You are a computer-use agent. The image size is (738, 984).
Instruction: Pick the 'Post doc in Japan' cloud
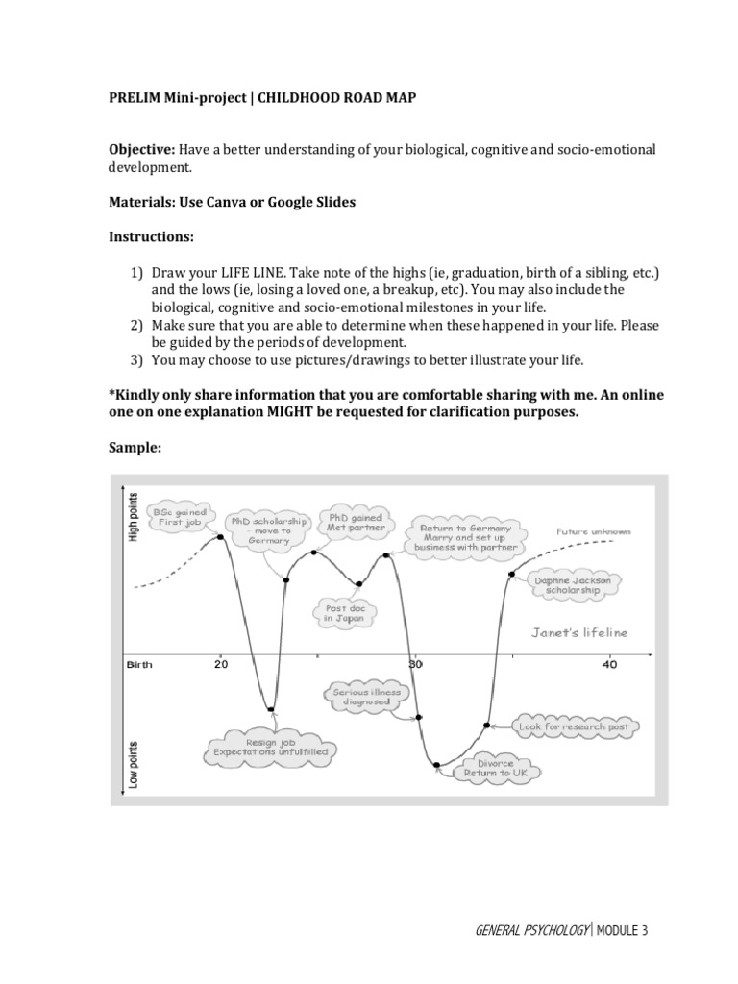coord(341,613)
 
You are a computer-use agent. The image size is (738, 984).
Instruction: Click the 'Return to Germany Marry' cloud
coord(466,538)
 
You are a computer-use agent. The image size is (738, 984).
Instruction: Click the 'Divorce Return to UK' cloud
coord(489,767)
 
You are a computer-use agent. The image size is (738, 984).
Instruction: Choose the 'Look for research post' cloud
coord(574,726)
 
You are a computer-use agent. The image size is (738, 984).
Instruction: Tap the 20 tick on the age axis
coord(221,664)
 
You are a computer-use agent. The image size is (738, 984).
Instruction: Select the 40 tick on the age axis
coord(609,664)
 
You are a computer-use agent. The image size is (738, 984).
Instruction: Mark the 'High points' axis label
coord(134,516)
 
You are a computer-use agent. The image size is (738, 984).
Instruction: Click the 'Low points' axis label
coord(134,764)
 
